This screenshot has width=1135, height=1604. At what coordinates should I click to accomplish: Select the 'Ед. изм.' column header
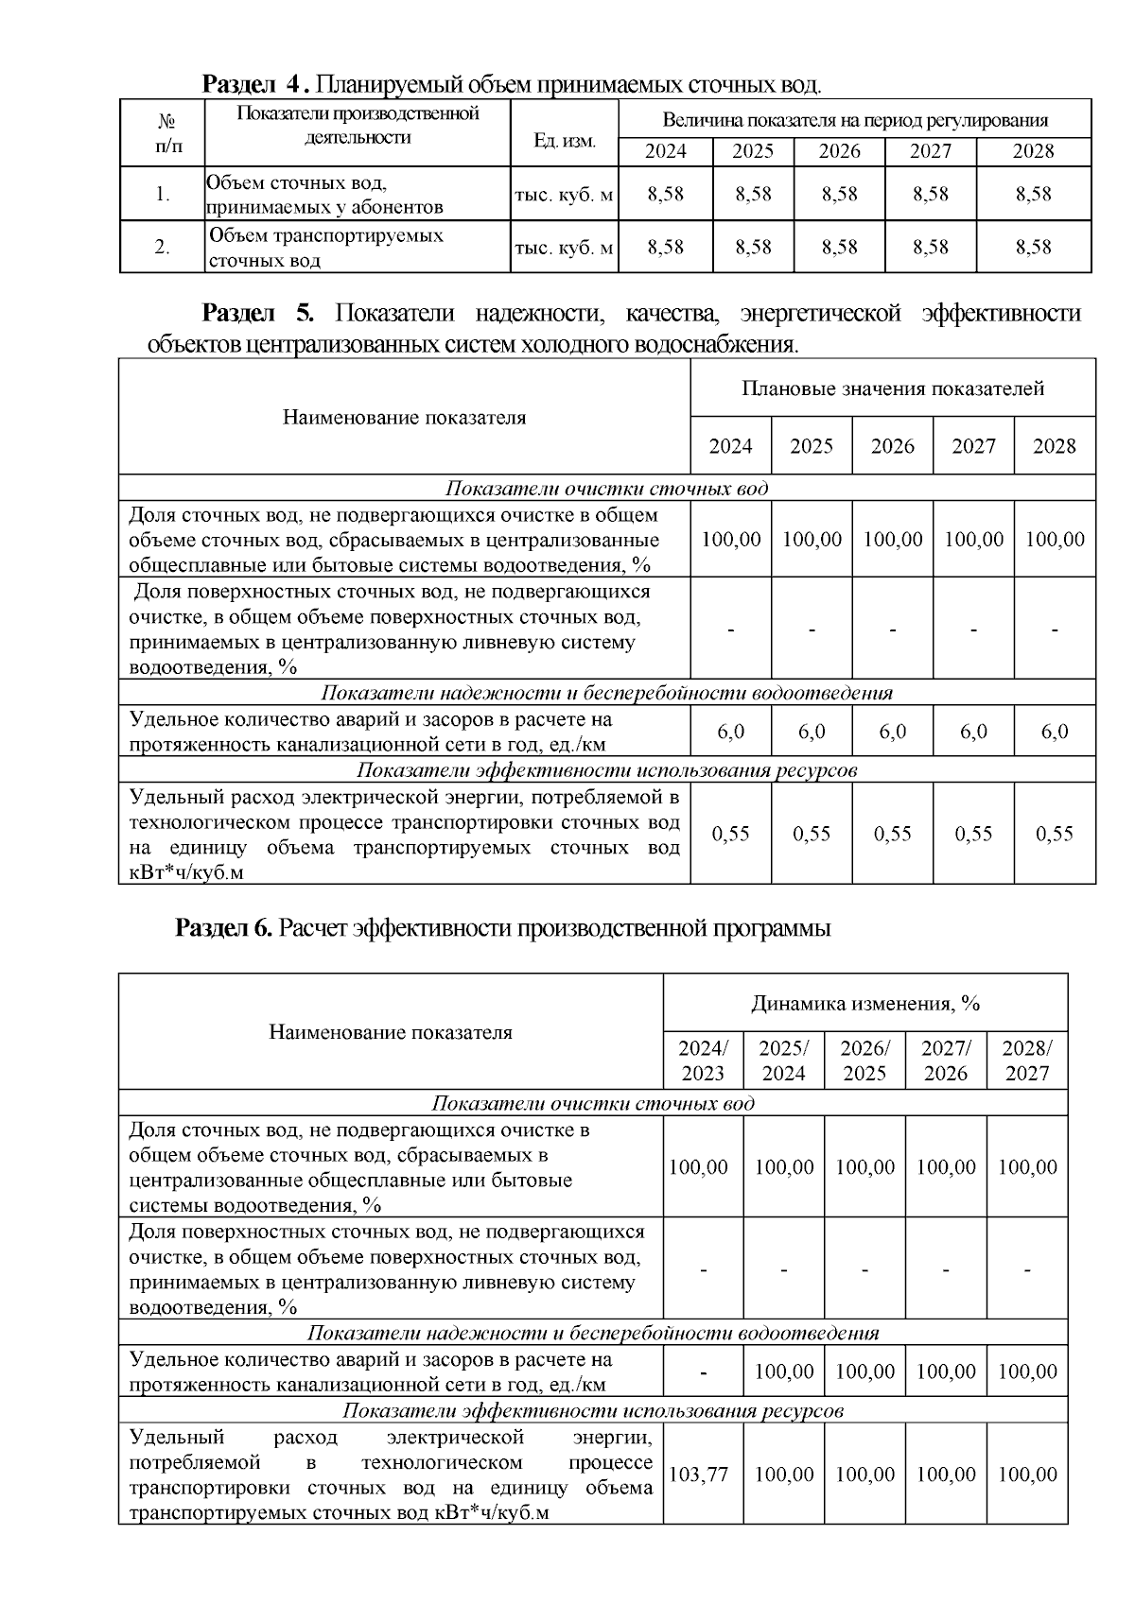coord(565,141)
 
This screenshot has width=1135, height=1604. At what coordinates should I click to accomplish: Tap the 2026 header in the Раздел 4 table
coord(839,151)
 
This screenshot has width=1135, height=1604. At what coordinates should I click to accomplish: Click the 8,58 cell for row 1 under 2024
coord(665,194)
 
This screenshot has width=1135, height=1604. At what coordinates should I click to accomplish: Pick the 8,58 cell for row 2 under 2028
coord(1033,247)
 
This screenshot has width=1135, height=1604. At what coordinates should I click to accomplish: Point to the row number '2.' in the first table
coord(163,247)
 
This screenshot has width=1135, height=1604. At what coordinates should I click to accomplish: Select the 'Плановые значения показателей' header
coord(893,388)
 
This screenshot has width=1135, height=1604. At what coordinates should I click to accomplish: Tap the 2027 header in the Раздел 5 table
coord(973,446)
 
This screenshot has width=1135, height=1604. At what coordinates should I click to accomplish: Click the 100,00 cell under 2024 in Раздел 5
coord(730,539)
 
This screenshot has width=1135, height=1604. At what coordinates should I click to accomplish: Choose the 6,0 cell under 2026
coord(892,732)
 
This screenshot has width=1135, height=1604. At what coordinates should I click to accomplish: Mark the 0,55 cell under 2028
coord(1055,834)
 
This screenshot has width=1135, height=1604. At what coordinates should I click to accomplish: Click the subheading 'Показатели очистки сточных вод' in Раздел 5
coord(606,489)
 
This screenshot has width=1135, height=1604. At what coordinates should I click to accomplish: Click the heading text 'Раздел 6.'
coord(224,929)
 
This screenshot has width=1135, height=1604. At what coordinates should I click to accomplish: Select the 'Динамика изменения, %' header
coord(865,1003)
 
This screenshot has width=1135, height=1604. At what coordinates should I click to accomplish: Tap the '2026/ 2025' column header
coord(864,1061)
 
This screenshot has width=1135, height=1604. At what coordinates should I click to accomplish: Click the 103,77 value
coord(698,1475)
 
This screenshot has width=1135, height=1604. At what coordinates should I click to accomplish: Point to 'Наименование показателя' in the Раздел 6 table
coord(391,1032)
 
